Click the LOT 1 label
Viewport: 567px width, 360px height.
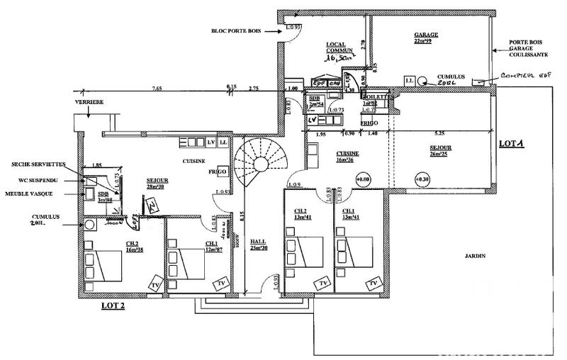pyautogui.click(x=510, y=143)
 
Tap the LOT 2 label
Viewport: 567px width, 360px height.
pyautogui.click(x=113, y=306)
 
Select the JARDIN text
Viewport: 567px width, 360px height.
pyautogui.click(x=475, y=255)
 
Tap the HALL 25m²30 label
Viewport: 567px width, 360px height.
pyautogui.click(x=258, y=244)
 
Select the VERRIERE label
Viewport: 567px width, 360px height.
pyautogui.click(x=89, y=102)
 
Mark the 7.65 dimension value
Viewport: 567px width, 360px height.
pyautogui.click(x=156, y=89)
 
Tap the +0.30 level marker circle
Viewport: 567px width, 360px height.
pyautogui.click(x=422, y=179)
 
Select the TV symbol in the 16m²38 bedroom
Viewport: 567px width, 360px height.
pyautogui.click(x=155, y=285)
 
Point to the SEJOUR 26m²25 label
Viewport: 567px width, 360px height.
pyautogui.click(x=440, y=152)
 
